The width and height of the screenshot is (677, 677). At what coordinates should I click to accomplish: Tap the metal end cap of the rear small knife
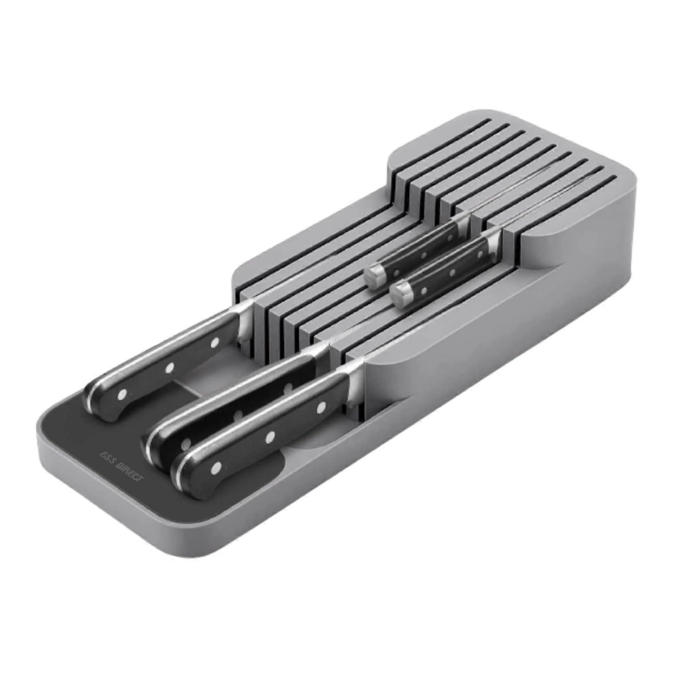coord(375,274)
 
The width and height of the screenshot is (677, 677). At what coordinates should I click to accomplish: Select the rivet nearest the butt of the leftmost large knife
coord(123,394)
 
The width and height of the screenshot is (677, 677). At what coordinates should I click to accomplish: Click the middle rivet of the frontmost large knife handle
coord(269,437)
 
